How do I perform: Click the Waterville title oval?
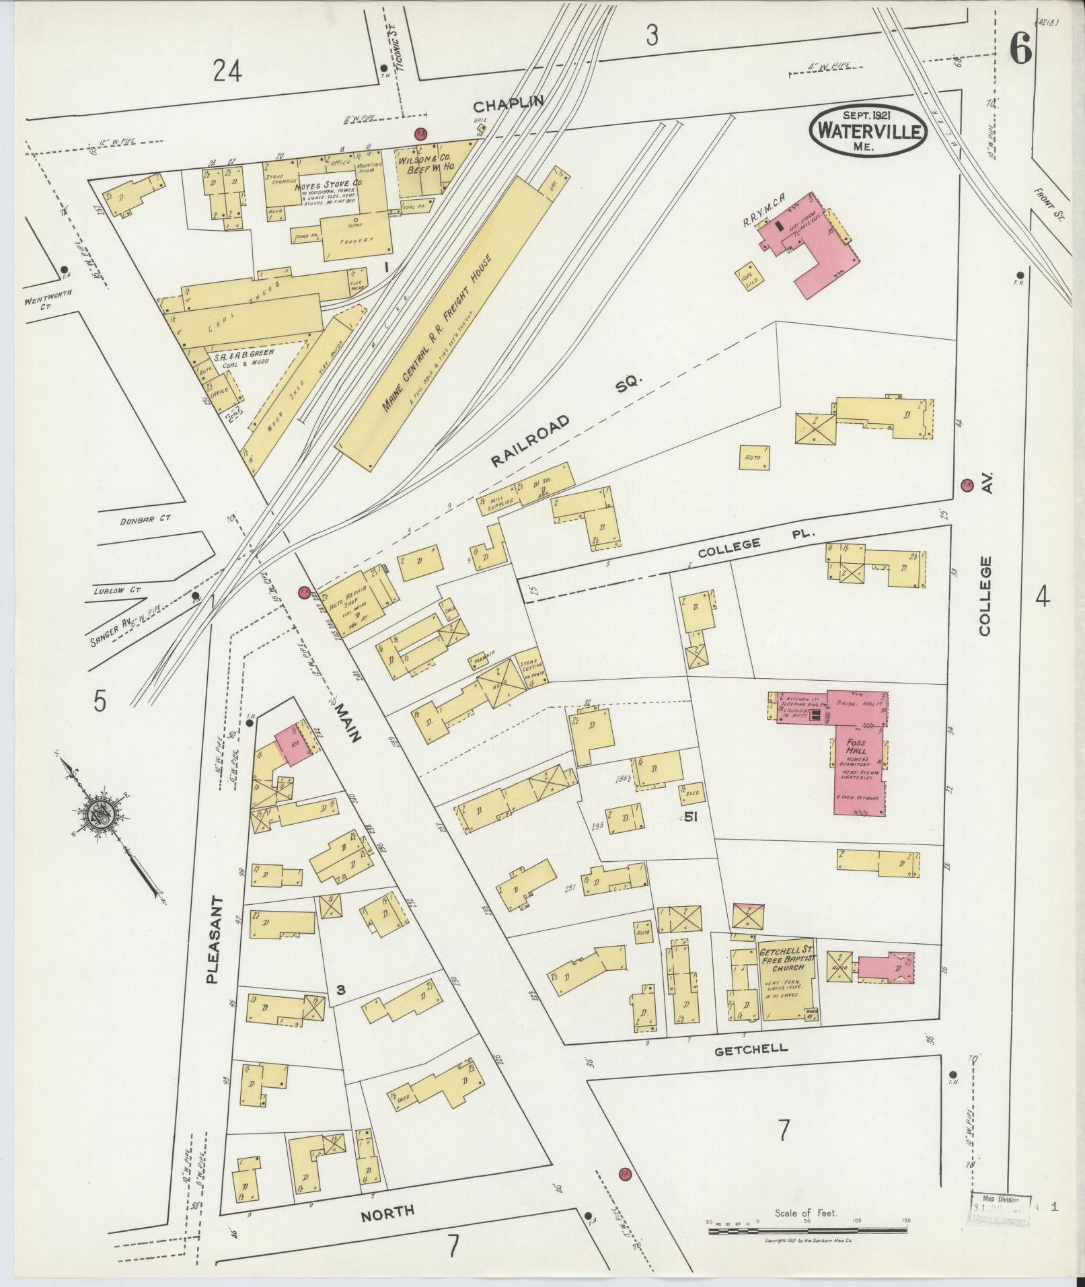868,130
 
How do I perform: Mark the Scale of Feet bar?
807,1230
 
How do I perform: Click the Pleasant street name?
215,939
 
